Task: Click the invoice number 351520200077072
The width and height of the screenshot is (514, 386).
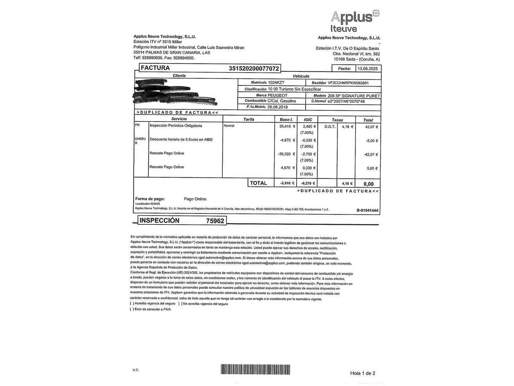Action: tap(254, 68)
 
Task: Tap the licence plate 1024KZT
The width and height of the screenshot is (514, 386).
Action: tap(276, 83)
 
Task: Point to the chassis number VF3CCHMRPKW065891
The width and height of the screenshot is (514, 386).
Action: tap(348, 83)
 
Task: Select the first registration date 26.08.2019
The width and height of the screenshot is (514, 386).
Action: tap(277, 107)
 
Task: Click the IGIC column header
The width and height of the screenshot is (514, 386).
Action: tap(308, 120)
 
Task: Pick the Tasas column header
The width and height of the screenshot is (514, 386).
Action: tap(337, 120)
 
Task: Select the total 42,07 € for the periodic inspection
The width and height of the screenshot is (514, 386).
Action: tap(371, 127)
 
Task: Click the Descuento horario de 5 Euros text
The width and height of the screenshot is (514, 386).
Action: tap(181, 139)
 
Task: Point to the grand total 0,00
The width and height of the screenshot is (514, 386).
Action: tap(368, 184)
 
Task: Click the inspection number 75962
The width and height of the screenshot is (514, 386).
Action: tap(215, 221)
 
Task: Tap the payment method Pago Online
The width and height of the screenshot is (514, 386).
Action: tap(195, 199)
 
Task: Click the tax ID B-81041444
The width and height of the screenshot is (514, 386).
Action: tap(367, 211)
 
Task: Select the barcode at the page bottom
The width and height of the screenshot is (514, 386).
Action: tap(255, 369)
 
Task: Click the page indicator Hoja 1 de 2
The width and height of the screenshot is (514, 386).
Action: tap(363, 373)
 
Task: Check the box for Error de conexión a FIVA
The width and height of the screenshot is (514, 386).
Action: tap(132, 310)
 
